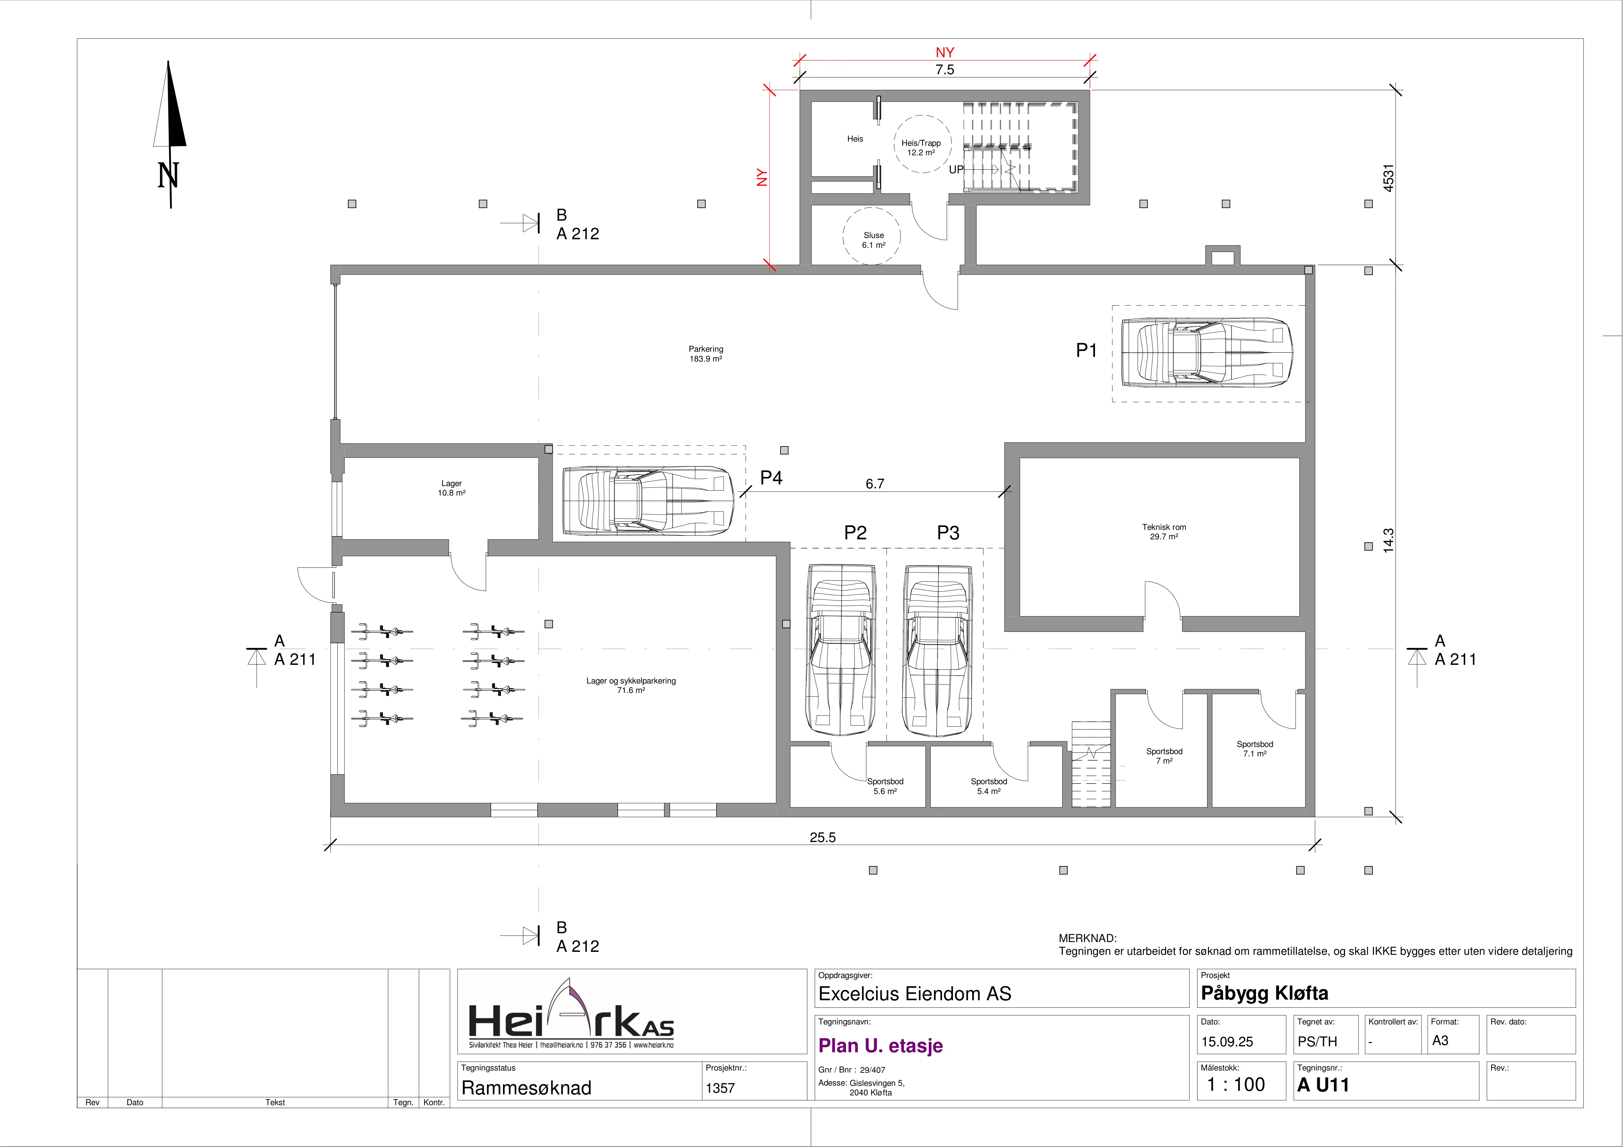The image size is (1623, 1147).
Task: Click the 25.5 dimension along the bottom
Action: pos(822,837)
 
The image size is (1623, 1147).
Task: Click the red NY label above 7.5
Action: pos(945,52)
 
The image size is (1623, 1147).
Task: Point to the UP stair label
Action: pos(956,170)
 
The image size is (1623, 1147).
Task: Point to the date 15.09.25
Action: pos(1227,1042)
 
